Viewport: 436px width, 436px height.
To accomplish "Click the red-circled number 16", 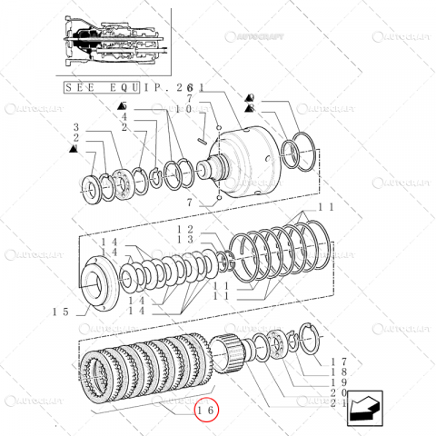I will point(205,410).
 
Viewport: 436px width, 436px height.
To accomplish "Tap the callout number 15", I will point(61,312).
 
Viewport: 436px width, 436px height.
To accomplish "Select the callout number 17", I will point(335,360).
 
